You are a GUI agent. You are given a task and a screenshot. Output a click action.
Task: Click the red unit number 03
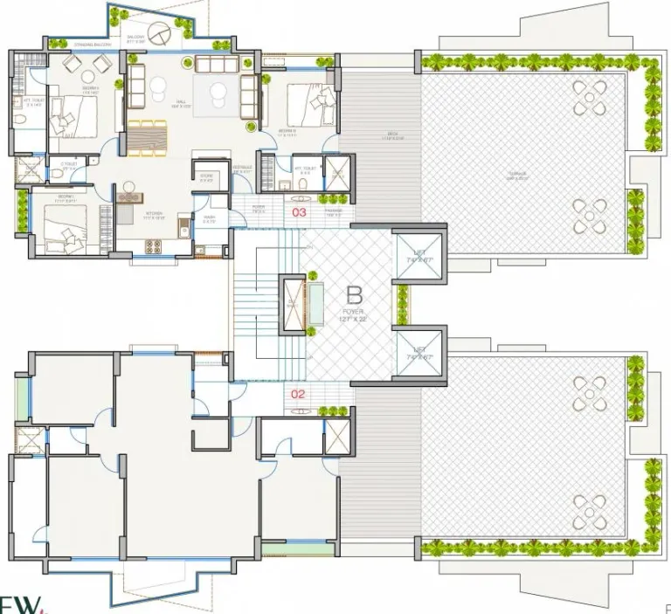coord(300,212)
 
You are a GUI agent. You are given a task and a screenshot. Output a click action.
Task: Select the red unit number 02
coord(298,394)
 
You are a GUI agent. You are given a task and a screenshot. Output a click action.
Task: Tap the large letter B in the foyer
coord(354,294)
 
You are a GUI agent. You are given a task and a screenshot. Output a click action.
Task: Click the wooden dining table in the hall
coord(146,137)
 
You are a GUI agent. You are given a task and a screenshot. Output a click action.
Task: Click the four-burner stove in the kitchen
coord(152,245)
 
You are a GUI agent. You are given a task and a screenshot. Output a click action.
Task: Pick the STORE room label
coord(207,177)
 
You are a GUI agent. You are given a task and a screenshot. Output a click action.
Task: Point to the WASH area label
coord(210,219)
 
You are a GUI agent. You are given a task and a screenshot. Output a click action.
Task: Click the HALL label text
coord(181,102)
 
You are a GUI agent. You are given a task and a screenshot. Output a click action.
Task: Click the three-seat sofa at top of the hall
coord(217,65)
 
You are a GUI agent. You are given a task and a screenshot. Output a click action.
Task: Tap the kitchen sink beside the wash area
coord(183,229)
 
